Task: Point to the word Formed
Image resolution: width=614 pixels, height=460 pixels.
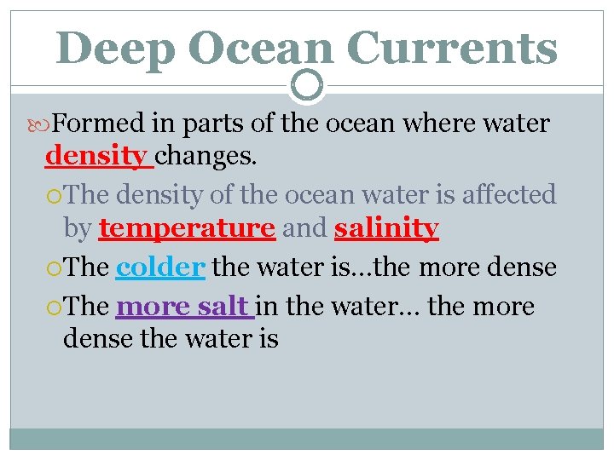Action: click(x=99, y=124)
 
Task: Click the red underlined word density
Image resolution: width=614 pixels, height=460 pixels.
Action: click(x=96, y=157)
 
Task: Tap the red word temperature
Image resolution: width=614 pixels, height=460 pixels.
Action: click(x=187, y=228)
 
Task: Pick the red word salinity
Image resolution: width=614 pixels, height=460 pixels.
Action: click(x=386, y=228)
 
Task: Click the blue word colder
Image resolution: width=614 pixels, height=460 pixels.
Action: click(x=160, y=267)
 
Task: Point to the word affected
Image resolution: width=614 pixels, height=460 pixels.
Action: click(x=509, y=195)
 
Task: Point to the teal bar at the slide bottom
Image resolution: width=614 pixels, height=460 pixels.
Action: click(x=307, y=439)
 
